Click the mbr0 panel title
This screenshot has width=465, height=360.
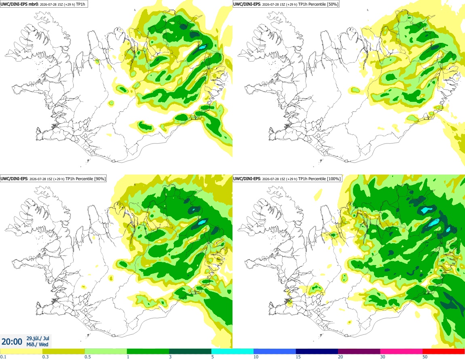44,4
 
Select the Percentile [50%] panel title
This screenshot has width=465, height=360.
286,4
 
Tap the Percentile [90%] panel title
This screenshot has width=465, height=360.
53,179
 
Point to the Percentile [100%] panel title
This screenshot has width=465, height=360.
287,179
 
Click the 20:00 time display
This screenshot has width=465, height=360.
12,342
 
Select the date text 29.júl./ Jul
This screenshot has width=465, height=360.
38,338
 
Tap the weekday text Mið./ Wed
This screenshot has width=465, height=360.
37,344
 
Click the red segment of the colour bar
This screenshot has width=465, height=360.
444,352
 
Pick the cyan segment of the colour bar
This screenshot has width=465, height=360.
232,352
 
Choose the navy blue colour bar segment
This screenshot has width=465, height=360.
317,352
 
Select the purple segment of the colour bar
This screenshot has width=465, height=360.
359,352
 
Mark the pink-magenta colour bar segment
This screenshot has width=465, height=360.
401,352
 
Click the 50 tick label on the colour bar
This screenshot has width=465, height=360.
425,357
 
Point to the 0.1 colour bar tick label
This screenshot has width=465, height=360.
3,357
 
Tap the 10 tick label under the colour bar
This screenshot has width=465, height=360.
256,357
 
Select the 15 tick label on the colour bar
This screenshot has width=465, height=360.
298,357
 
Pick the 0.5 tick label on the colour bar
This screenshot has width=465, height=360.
87,357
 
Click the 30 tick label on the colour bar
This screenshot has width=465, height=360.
383,357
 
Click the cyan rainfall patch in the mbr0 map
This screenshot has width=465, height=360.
203,47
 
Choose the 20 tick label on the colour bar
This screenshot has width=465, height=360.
340,357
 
